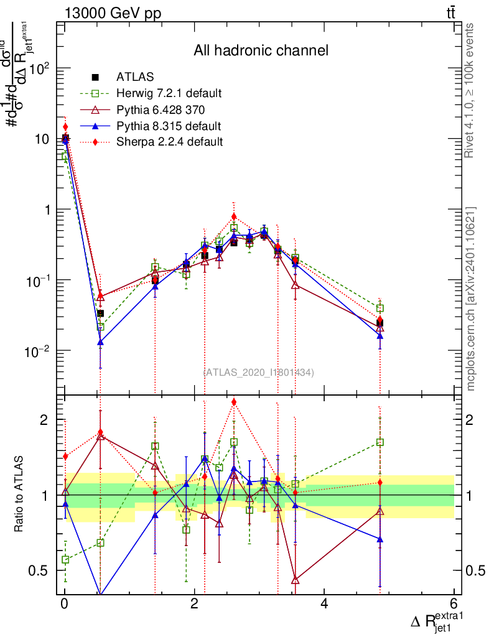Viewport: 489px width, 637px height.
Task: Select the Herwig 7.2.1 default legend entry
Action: coord(169,94)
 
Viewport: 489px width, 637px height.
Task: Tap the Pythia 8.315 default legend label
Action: coord(168,126)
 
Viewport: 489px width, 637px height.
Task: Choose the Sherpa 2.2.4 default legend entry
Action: coord(169,142)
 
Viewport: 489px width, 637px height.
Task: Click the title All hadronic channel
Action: coord(261,50)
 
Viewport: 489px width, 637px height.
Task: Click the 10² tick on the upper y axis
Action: coord(40,69)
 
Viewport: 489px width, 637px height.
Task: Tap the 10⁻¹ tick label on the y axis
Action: coord(39,281)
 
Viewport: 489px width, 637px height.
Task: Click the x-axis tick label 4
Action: coord(324,604)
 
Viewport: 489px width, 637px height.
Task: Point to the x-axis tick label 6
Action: coord(454,604)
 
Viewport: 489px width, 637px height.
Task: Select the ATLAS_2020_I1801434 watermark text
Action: coord(259,372)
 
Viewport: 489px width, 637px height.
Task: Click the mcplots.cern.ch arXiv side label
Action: coord(472,299)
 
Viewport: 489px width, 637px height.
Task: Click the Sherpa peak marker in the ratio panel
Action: coord(233,402)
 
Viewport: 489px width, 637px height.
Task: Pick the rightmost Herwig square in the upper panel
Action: coord(380,308)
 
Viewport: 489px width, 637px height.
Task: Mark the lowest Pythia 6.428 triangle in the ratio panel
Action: coord(296,580)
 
